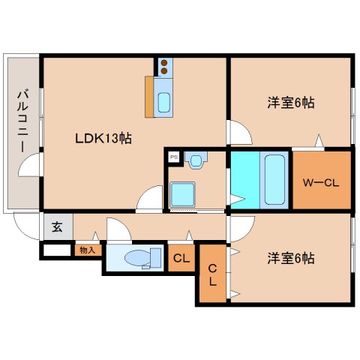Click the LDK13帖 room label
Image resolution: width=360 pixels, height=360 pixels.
[x=103, y=138]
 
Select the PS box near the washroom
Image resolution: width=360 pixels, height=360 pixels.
[x=174, y=157]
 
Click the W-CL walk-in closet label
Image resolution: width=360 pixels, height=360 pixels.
[x=321, y=183]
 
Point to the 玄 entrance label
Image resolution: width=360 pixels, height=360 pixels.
[x=57, y=226]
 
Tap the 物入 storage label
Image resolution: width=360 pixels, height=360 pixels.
[x=88, y=250]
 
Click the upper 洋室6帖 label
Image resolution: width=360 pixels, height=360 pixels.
[x=291, y=103]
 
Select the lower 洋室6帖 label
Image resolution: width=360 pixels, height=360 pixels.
[x=291, y=258]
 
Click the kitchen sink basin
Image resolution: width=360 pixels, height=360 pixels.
[x=164, y=103]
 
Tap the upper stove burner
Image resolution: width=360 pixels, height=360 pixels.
[x=164, y=63]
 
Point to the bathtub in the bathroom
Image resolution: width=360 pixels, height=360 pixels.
[x=274, y=180]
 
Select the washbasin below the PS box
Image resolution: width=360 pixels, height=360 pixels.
[x=196, y=161]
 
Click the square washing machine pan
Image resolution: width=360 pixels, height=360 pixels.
[x=182, y=194]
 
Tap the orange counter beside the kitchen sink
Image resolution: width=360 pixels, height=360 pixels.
[x=149, y=97]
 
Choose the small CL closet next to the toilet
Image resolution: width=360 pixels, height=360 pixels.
[x=181, y=258]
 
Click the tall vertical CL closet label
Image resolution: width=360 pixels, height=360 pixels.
[x=212, y=275]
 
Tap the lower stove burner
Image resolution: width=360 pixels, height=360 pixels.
[x=164, y=71]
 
